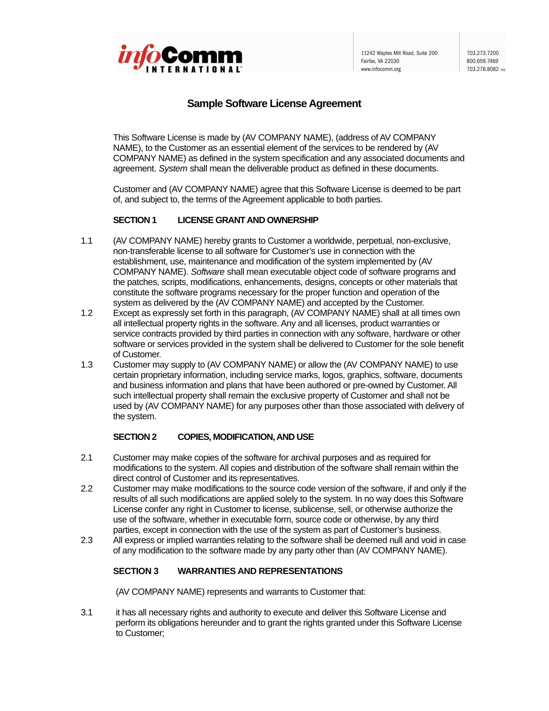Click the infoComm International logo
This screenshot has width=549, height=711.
tap(180, 58)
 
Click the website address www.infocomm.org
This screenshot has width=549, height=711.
tap(380, 69)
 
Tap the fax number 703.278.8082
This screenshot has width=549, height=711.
tap(482, 69)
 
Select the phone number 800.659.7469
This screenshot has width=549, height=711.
tap(482, 61)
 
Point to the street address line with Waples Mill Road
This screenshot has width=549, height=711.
tap(399, 53)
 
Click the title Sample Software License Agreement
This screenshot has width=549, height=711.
tap(274, 103)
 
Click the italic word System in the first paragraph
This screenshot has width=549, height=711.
tap(173, 168)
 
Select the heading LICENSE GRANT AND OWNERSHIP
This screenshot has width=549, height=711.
tap(247, 220)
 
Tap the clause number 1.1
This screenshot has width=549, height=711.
tap(87, 240)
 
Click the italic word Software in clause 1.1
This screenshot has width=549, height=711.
tap(207, 271)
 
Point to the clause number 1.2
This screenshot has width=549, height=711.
tap(87, 313)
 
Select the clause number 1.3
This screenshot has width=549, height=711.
tap(87, 365)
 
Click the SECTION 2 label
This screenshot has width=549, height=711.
tap(135, 437)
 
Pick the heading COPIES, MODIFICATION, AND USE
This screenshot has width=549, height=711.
tap(245, 437)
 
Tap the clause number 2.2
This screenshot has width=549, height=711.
tap(87, 488)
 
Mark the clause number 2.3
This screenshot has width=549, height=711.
tap(87, 540)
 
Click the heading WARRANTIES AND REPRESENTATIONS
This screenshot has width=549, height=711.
tap(260, 571)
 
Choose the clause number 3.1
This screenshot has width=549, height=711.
tap(87, 612)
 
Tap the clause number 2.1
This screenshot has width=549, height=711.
tap(87, 457)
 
